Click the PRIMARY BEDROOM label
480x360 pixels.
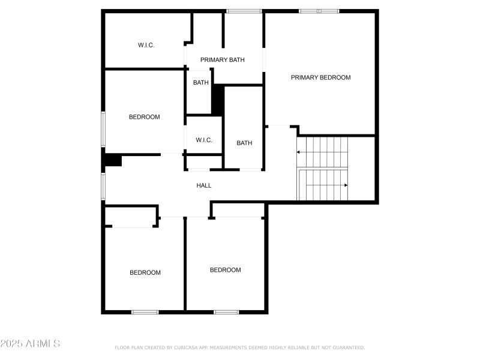(x=320, y=77)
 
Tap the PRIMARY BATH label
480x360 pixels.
(x=222, y=59)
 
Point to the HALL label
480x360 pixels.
(x=204, y=185)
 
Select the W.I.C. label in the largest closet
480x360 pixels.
(x=146, y=45)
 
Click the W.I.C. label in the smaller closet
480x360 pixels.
(x=204, y=140)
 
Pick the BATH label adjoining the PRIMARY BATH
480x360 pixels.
(x=201, y=82)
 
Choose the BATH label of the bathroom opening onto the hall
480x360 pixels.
(x=244, y=143)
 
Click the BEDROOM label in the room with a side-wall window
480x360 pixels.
(x=144, y=117)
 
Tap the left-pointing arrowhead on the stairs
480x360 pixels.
(x=298, y=152)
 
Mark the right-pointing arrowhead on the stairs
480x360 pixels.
(x=346, y=185)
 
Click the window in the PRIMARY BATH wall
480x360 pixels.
(x=244, y=11)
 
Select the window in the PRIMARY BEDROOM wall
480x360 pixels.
(x=319, y=11)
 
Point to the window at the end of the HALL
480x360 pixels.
(x=103, y=186)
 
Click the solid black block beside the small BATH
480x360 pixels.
(x=218, y=100)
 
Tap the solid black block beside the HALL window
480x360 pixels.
(x=112, y=160)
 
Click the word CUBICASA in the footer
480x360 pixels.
(x=186, y=347)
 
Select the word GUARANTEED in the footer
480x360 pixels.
(x=349, y=347)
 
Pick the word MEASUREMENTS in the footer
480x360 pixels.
(x=228, y=347)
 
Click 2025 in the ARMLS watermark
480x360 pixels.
(x=11, y=343)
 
